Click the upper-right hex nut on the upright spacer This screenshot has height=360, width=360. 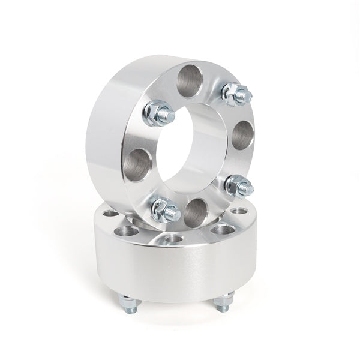(231, 93)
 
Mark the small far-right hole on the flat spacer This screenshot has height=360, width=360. (242, 211)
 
